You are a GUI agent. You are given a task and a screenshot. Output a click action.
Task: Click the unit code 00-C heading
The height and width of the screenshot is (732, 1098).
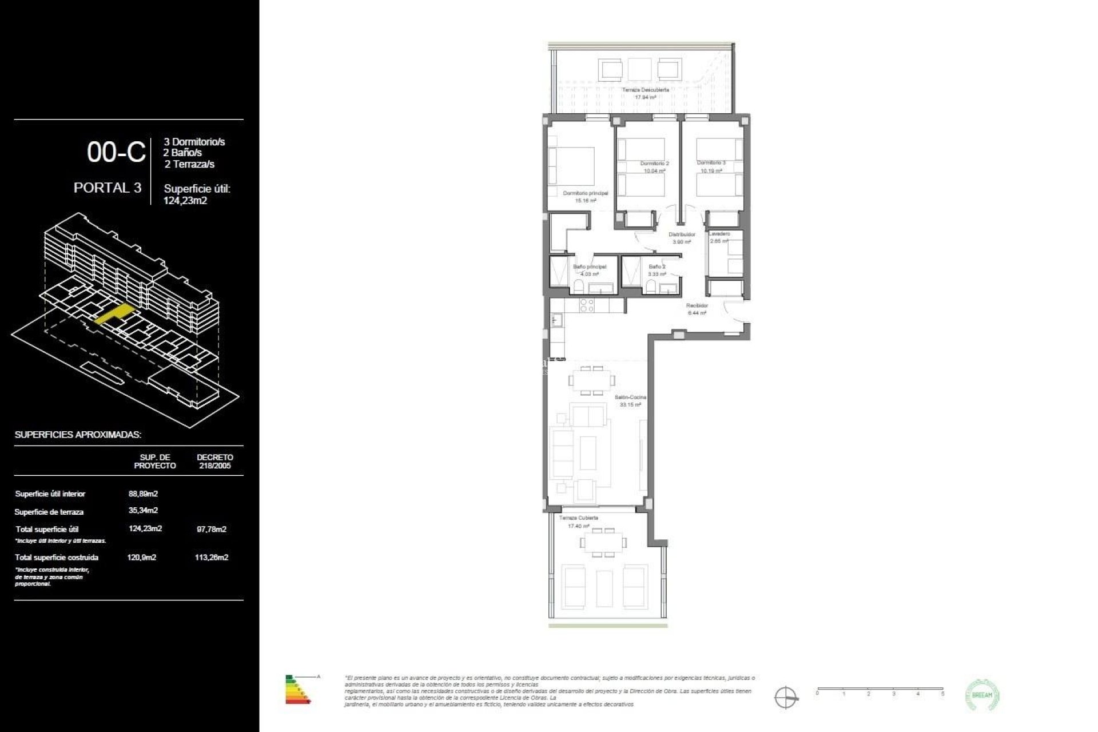click(116, 152)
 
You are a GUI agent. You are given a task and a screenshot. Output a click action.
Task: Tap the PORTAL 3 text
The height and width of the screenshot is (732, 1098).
click(108, 188)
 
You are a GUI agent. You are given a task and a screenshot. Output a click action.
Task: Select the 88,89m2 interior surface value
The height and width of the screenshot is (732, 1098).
click(143, 494)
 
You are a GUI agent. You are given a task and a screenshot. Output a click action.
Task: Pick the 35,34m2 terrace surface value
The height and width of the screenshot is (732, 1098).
click(143, 510)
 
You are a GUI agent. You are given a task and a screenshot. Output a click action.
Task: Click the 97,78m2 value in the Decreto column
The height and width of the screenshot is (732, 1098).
click(212, 529)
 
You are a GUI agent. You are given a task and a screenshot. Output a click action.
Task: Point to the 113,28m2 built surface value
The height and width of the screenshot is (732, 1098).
click(212, 557)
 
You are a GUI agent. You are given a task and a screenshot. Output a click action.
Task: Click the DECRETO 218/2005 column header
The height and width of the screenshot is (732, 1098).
click(214, 461)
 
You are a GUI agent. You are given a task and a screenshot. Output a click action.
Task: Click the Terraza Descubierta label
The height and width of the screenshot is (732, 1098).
click(645, 90)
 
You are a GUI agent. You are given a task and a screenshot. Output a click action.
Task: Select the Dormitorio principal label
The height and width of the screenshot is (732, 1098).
click(585, 193)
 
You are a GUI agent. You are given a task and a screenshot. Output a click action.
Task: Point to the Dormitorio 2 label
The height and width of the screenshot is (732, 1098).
click(654, 164)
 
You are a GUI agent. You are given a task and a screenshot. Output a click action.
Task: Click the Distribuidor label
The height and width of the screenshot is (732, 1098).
click(682, 234)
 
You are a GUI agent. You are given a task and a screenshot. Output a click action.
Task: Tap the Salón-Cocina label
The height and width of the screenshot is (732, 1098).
click(630, 397)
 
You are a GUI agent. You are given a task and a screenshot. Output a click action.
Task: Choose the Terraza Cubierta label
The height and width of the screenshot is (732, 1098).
click(579, 518)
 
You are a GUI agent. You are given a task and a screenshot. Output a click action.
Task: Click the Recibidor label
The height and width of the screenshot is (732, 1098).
click(697, 305)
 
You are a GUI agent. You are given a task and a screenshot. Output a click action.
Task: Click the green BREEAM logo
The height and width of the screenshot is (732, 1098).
click(982, 695)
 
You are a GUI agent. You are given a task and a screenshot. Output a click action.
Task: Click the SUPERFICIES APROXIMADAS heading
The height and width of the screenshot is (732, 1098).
click(78, 435)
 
